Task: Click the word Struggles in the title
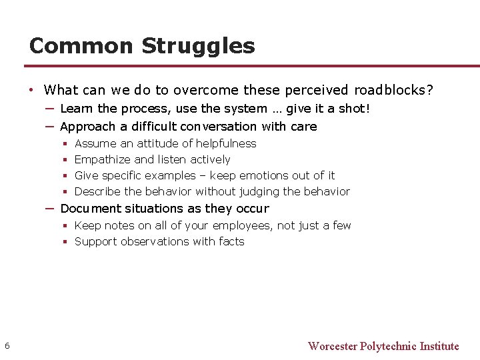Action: (198, 46)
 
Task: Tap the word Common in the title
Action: (82, 46)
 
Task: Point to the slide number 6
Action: (7, 345)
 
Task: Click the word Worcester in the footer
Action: (332, 346)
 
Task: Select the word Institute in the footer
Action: (439, 346)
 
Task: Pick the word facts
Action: (231, 242)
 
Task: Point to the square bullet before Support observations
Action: (65, 242)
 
